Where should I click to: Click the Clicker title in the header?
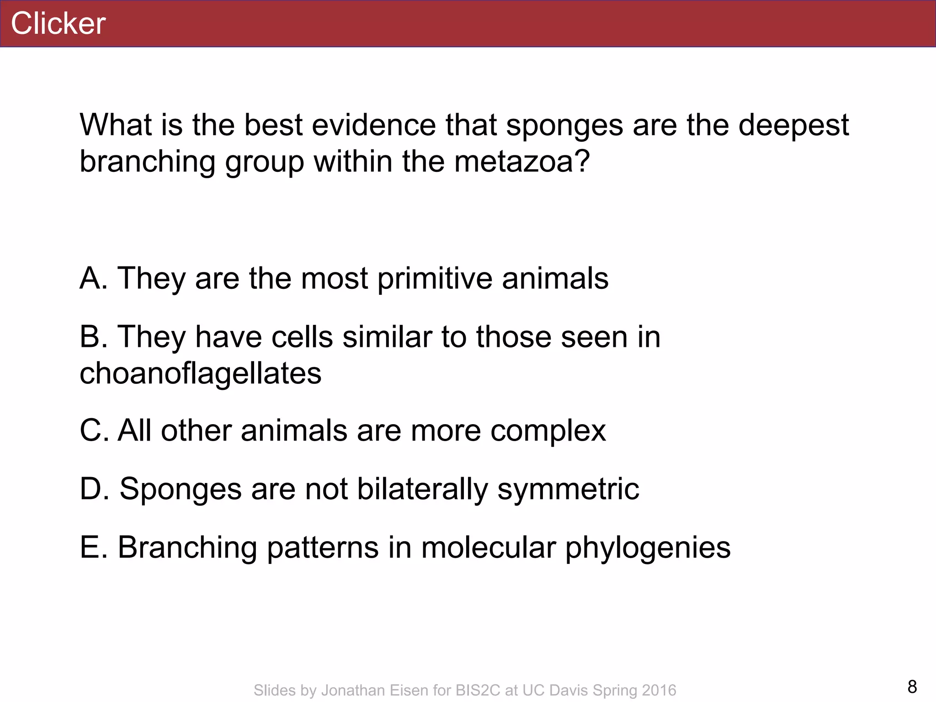tap(58, 23)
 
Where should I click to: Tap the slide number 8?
tap(912, 686)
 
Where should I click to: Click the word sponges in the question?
tap(564, 125)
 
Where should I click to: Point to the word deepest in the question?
tap(793, 125)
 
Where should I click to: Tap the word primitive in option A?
tap(435, 279)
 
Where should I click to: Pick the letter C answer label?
tap(91, 431)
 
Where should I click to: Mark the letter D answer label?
tap(91, 489)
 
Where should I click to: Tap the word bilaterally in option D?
tap(422, 489)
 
